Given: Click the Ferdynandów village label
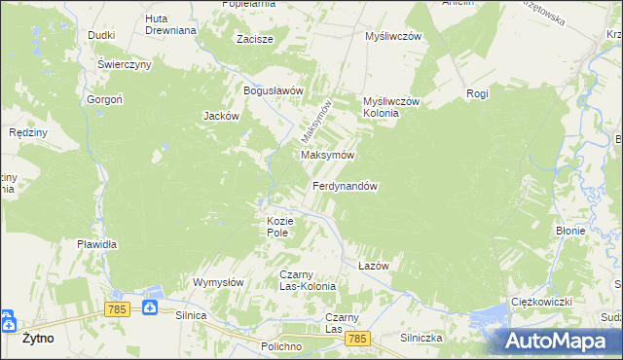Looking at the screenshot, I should click(x=345, y=186).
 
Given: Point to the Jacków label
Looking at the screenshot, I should click(x=221, y=116).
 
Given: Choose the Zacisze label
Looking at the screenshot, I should click(x=255, y=40).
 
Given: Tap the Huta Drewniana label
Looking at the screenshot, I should click(x=170, y=24).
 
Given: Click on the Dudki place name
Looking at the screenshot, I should click(x=101, y=35).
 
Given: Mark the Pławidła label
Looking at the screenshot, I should click(x=97, y=244).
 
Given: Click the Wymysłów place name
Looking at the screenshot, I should click(x=217, y=282).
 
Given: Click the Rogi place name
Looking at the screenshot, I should click(x=477, y=93).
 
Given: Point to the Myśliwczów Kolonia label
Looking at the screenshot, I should click(x=390, y=107).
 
